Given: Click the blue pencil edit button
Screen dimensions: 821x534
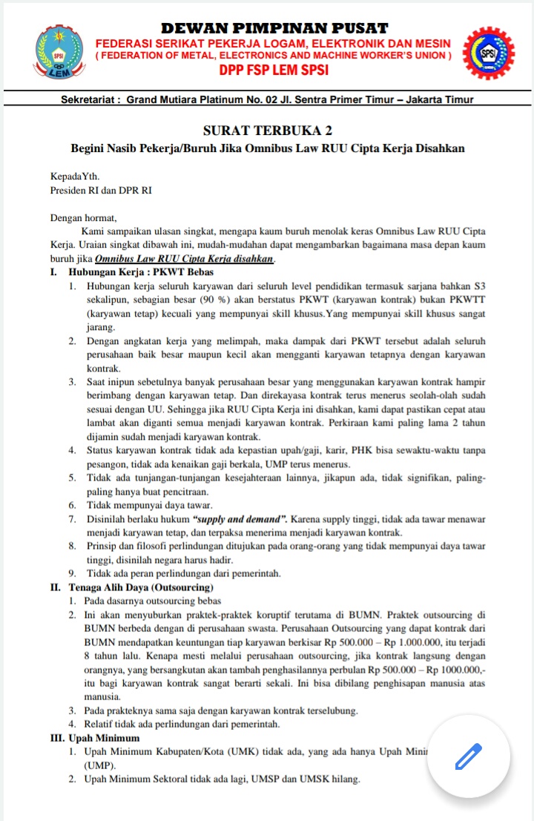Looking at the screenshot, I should point(469,756).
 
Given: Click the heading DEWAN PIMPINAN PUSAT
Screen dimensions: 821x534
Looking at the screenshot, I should point(274,28).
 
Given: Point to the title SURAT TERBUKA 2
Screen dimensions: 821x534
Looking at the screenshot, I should point(268,131).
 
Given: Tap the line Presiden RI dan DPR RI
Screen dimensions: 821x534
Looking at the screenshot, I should point(101,190).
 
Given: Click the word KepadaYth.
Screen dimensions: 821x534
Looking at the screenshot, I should point(74,177).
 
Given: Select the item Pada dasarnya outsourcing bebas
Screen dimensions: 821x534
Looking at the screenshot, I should point(154,601).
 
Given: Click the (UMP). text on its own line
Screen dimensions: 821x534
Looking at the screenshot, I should point(101,765).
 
